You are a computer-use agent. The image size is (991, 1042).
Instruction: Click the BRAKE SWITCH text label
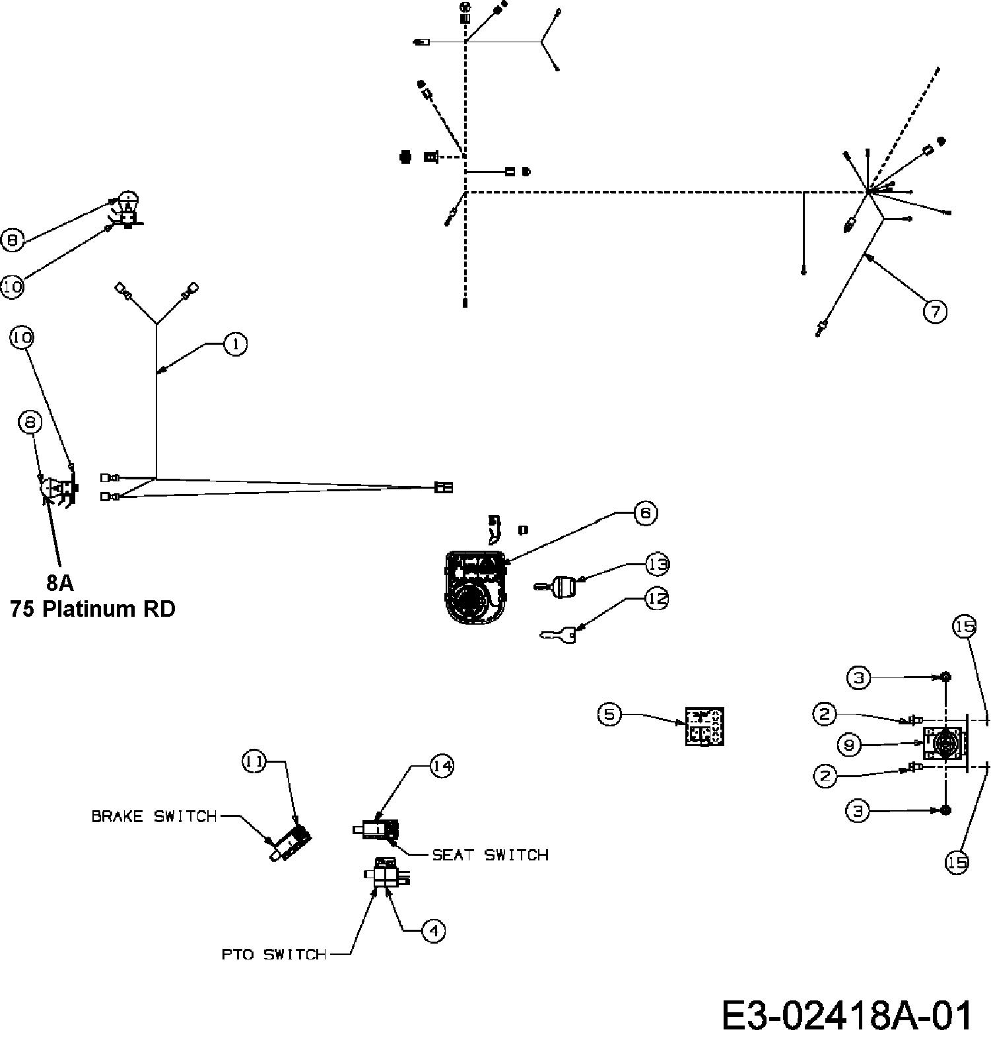coord(154,816)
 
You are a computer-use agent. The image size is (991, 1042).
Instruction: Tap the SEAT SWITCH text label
coord(490,855)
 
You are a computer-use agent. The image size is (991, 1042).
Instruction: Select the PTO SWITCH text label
coord(274,954)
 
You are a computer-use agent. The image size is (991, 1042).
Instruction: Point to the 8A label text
coord(60,582)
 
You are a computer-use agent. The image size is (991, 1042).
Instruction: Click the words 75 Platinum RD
coord(92,608)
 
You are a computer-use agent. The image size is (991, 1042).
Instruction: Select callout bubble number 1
coord(236,344)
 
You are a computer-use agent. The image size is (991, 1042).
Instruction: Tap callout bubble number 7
coord(935,311)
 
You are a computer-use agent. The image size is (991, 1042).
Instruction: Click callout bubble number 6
coord(645,513)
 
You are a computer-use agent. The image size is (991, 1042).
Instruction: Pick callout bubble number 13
coord(658,565)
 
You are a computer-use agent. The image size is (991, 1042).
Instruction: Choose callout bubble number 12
coord(658,599)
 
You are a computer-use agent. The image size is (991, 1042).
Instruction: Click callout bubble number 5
coord(609,714)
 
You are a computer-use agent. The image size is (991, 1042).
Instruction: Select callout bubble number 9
coord(850,746)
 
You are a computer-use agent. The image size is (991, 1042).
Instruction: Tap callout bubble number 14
coord(442,766)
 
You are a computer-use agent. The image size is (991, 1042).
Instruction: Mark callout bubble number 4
coord(433,931)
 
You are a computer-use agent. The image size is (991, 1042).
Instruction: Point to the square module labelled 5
coord(704,726)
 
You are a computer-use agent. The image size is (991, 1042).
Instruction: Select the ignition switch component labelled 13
coord(556,586)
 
